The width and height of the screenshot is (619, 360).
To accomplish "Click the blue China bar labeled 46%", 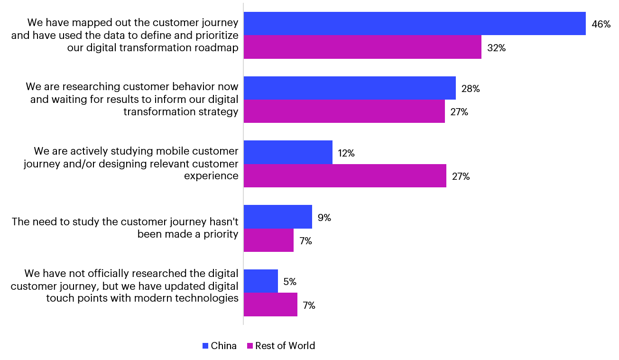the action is (x=415, y=24).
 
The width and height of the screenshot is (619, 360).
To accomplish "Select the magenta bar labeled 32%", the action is (x=362, y=47).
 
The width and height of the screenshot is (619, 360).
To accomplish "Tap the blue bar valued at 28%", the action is (x=350, y=88).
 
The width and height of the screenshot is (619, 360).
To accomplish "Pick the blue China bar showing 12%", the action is (x=288, y=152).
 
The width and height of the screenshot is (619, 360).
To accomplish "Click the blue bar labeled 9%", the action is (x=278, y=217).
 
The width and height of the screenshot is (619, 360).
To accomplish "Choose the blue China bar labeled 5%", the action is (x=260, y=281).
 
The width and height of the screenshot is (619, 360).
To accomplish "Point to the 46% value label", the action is (x=601, y=24).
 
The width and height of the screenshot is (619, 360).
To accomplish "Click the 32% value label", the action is (x=496, y=48).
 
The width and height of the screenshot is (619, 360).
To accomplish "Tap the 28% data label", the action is (x=471, y=89).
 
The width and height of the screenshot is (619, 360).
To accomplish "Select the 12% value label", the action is (x=346, y=153).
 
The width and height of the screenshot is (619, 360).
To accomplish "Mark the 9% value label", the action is (x=324, y=218).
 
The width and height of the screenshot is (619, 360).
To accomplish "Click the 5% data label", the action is (x=290, y=282).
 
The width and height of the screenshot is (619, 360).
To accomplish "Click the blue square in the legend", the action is (x=205, y=346).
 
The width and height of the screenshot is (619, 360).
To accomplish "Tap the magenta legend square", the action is (x=250, y=346).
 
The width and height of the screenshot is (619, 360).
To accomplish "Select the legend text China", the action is (x=223, y=346).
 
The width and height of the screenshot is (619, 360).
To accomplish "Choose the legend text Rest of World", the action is (x=285, y=346).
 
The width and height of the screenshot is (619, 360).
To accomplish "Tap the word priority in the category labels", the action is (x=221, y=235).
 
